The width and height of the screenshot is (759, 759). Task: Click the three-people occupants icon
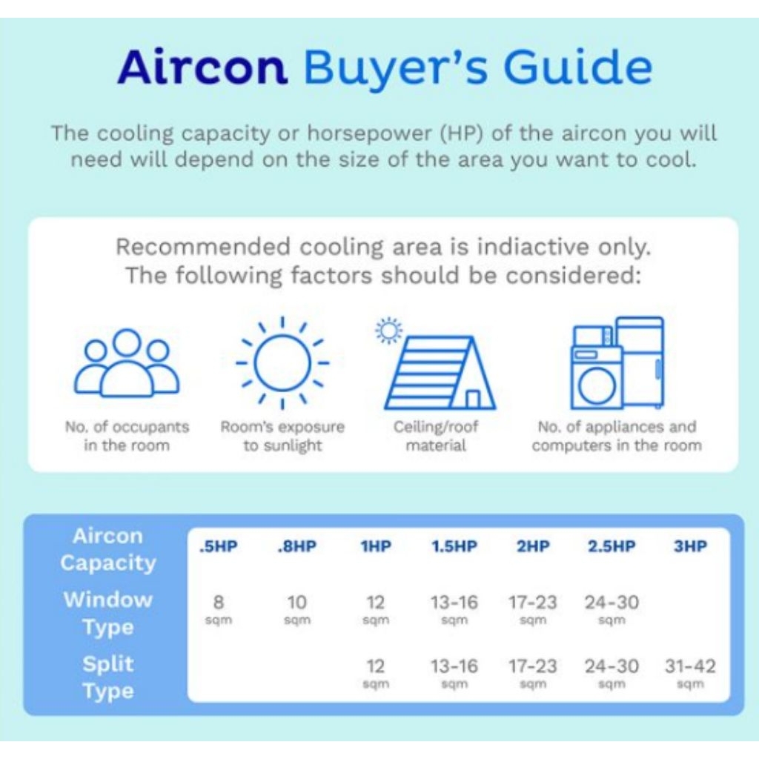pyautogui.click(x=126, y=362)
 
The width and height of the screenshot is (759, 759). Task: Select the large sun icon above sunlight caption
pyautogui.click(x=282, y=363)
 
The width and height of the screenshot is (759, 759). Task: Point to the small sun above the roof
pyautogui.click(x=388, y=331)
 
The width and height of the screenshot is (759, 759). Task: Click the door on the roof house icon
pyautogui.click(x=473, y=400)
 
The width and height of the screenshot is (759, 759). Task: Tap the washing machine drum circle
pyautogui.click(x=597, y=386)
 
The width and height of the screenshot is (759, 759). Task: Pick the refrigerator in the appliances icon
pyautogui.click(x=639, y=362)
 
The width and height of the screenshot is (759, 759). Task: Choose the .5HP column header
pyautogui.click(x=219, y=546)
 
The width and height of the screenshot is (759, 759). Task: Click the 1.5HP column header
pyautogui.click(x=454, y=546)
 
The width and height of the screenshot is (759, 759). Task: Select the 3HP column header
pyautogui.click(x=690, y=546)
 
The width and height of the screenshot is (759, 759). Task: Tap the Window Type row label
pyautogui.click(x=108, y=613)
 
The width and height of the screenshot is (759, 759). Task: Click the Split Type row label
pyautogui.click(x=108, y=677)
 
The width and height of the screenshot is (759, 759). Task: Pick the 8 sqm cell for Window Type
pyautogui.click(x=219, y=609)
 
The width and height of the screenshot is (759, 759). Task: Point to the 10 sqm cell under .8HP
pyautogui.click(x=296, y=609)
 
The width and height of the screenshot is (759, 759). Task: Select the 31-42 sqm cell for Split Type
pyautogui.click(x=690, y=673)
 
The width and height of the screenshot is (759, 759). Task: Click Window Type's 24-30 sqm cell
pyautogui.click(x=611, y=609)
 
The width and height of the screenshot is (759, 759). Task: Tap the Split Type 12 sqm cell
pyautogui.click(x=376, y=673)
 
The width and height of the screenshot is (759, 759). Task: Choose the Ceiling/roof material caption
pyautogui.click(x=436, y=436)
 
